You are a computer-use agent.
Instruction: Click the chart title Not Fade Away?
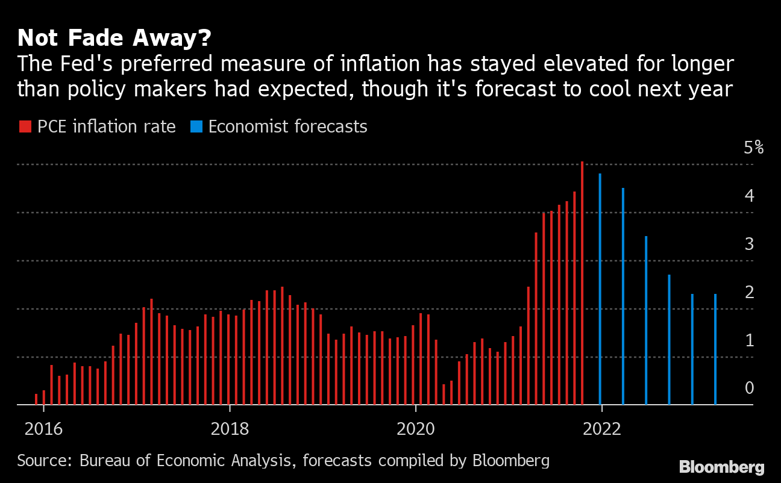[114, 39]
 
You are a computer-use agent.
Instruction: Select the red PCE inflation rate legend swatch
[25, 127]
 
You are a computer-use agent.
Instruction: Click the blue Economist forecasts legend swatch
[196, 127]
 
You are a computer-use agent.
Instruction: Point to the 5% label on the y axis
[753, 148]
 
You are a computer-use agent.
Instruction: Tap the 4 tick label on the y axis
[749, 196]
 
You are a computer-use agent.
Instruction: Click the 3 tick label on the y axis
[749, 244]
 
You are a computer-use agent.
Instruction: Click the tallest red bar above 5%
[582, 283]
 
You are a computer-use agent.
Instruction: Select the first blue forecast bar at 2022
[600, 289]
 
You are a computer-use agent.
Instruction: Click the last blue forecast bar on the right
[715, 349]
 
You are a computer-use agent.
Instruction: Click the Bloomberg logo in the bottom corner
[721, 467]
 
